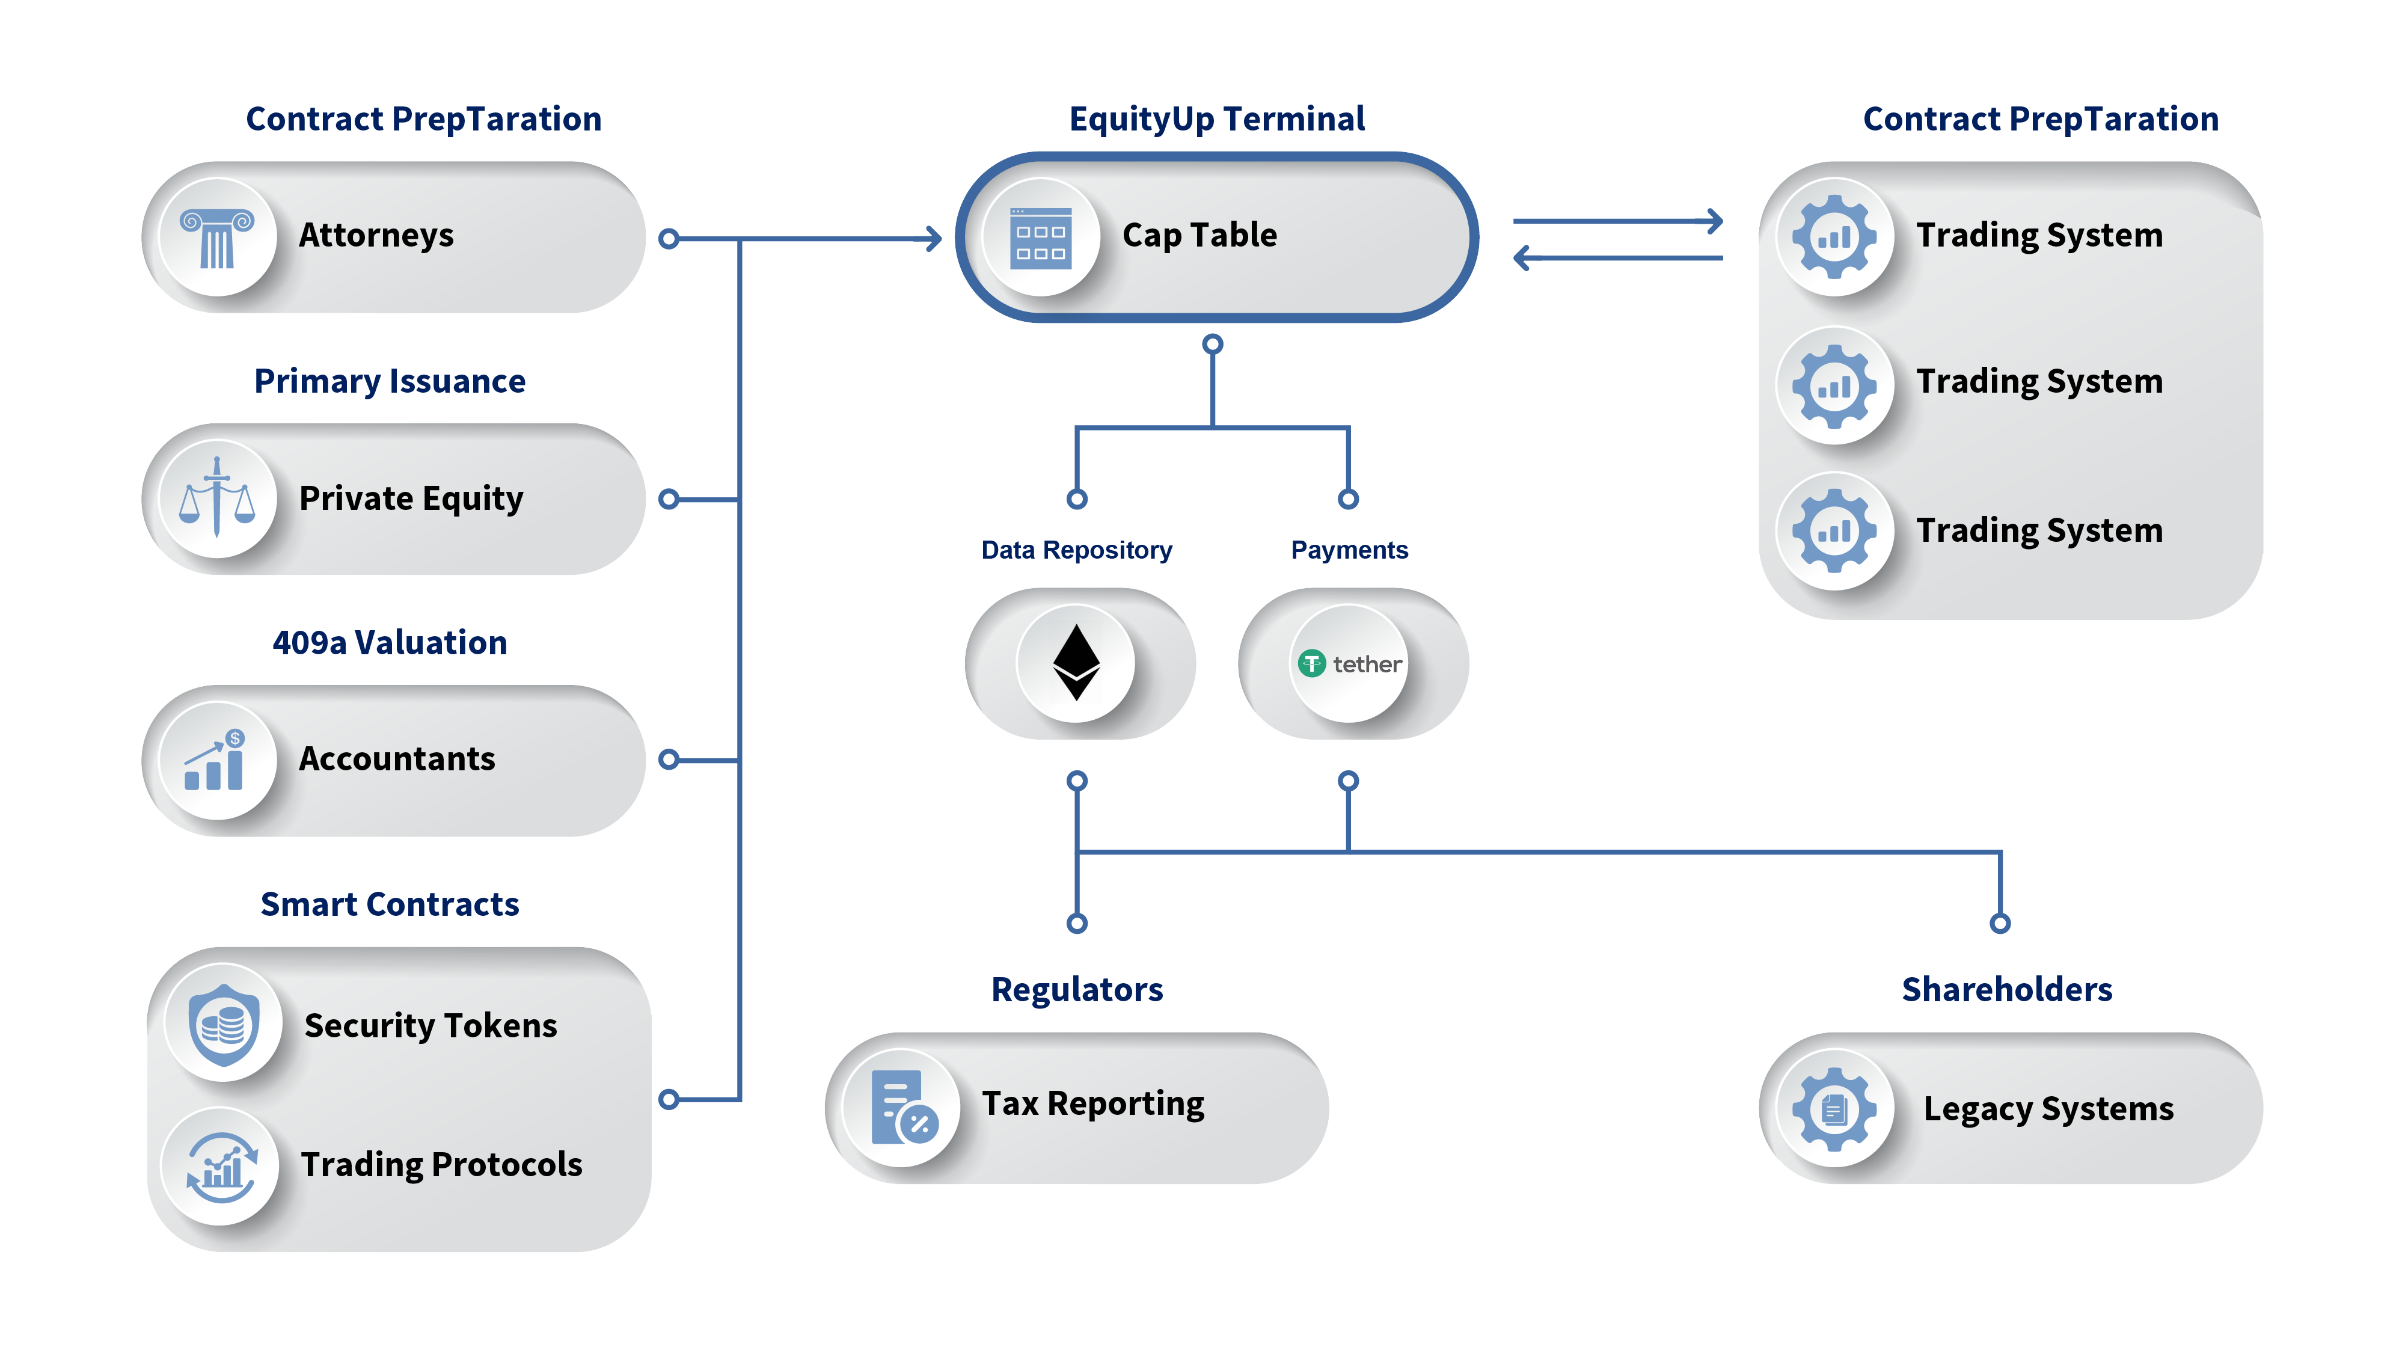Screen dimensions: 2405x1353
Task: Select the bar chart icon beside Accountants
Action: point(215,760)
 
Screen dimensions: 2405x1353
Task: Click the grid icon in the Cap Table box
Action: point(1041,238)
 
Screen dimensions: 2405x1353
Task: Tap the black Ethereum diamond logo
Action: point(1076,662)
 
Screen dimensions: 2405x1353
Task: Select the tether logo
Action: point(1350,664)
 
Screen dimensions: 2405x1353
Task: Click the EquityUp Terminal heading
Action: point(1216,120)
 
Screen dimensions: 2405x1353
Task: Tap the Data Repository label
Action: point(1076,550)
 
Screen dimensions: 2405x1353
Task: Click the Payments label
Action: point(1349,550)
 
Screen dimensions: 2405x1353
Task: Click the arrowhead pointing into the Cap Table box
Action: point(933,239)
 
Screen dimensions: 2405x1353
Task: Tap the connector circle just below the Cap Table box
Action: point(1212,345)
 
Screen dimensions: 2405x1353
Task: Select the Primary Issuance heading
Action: point(390,381)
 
